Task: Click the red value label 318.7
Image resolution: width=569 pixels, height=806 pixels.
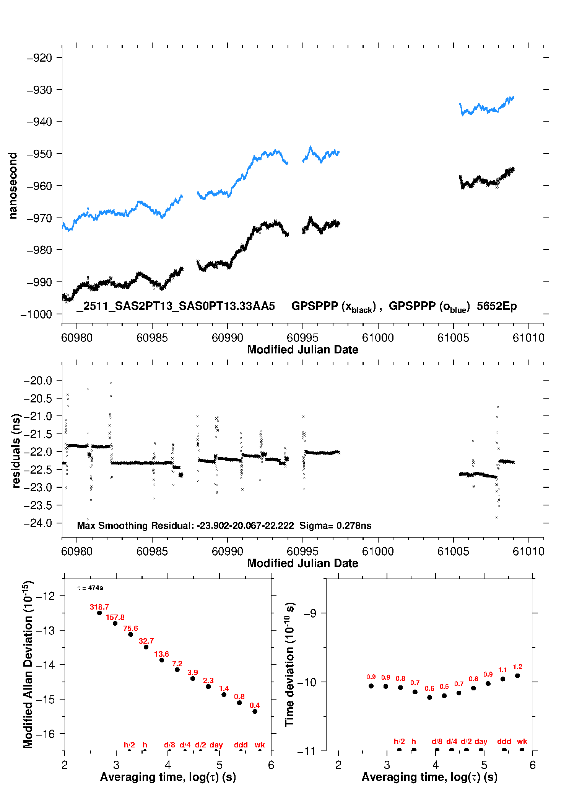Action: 99,607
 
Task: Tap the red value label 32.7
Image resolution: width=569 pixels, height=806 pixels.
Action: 146,641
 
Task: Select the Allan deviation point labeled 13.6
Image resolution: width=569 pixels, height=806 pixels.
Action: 162,660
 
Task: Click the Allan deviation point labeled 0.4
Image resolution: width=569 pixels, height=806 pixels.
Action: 255,711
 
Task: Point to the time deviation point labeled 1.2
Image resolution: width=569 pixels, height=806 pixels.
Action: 517,676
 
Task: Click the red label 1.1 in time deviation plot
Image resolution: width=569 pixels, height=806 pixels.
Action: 502,670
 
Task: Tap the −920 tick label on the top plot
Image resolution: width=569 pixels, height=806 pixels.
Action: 39,58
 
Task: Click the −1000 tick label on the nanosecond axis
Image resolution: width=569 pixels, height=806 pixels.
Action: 36,314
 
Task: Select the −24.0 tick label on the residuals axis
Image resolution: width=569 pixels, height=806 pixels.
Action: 38,523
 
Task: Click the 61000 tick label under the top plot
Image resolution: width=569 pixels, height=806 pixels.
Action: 378,338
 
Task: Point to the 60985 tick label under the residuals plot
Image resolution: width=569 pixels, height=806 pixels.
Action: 152,551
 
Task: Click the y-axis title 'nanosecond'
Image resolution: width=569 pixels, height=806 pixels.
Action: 13,186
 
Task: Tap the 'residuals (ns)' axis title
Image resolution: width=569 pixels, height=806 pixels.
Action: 16,451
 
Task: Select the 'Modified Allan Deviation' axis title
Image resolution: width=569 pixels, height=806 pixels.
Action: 28,664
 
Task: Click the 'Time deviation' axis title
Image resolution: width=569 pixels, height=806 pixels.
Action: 289,664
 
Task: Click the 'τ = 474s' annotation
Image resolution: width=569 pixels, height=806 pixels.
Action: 90,588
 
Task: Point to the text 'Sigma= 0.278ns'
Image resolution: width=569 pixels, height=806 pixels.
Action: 335,525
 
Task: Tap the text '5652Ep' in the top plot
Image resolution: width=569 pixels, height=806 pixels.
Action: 496,306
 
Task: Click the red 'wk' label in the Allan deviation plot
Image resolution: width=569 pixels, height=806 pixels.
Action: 260,745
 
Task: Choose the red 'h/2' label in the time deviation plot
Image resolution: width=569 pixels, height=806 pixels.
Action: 399,741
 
